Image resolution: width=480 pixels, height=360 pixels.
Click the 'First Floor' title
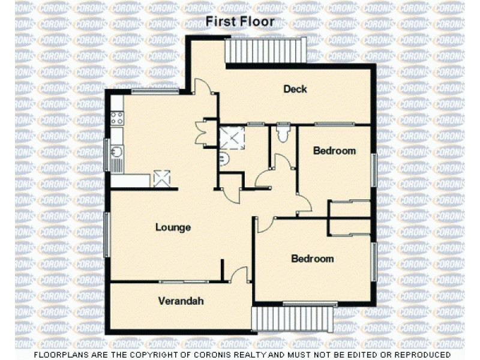coord(240,22)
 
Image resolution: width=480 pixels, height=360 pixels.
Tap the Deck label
coord(295,89)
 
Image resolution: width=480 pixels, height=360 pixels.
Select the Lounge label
coord(173,227)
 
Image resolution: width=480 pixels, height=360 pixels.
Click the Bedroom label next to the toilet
coord(334,151)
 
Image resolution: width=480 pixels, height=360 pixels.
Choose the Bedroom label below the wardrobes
coord(312,259)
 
